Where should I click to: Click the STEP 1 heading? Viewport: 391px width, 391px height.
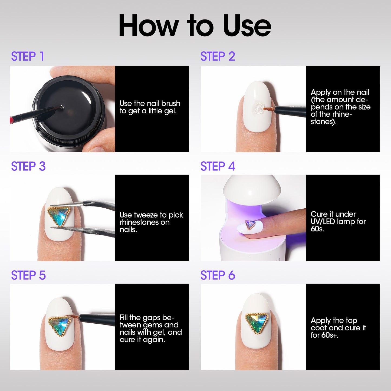click(28, 56)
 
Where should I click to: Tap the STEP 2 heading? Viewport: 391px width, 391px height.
click(218, 56)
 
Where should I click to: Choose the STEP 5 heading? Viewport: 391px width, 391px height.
click(28, 275)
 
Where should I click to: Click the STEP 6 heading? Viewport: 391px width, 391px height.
click(218, 275)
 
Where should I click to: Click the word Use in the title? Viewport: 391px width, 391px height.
click(247, 26)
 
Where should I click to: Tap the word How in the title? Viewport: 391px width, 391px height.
click(149, 26)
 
